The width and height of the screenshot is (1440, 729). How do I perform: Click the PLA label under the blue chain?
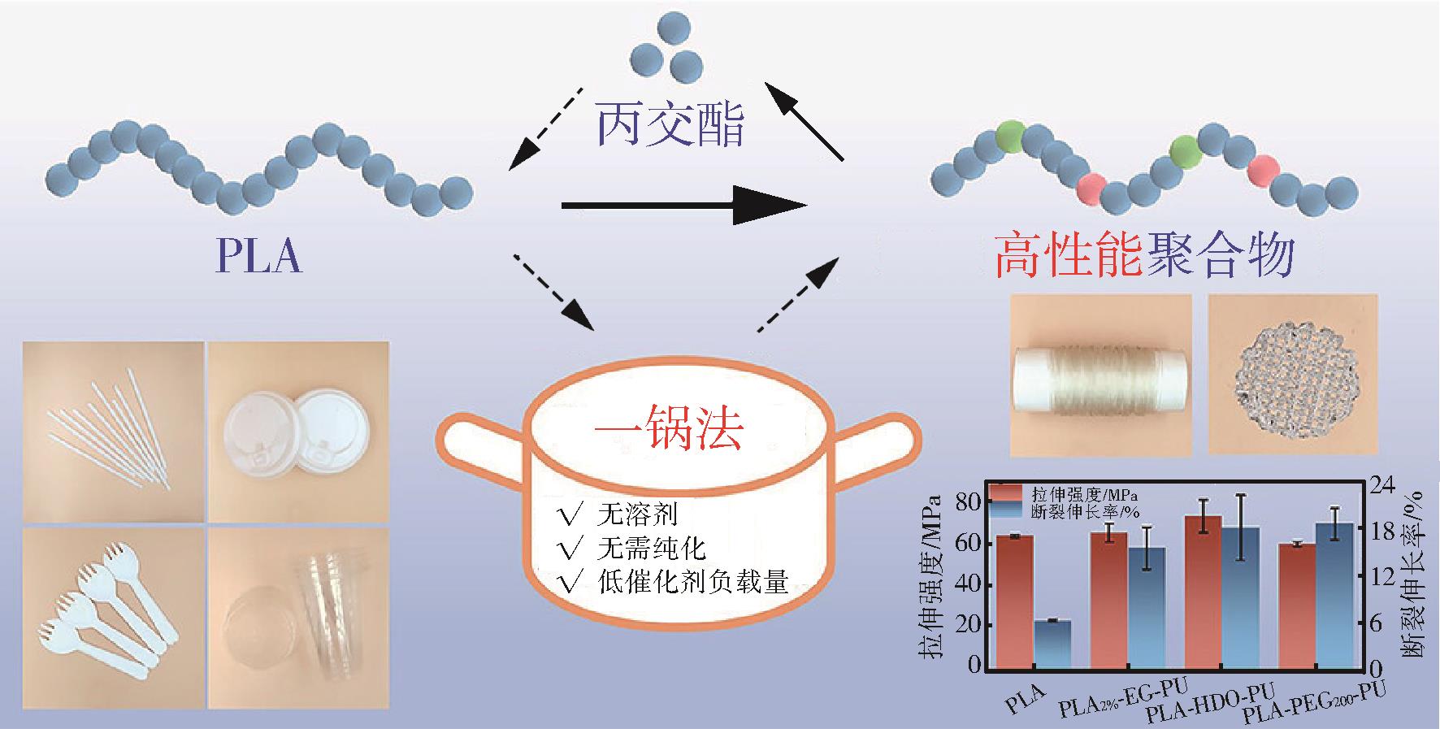click(258, 256)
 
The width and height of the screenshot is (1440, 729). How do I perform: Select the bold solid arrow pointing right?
click(683, 206)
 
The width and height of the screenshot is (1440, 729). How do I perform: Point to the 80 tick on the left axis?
click(968, 503)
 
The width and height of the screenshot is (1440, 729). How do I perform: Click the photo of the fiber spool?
click(1100, 374)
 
